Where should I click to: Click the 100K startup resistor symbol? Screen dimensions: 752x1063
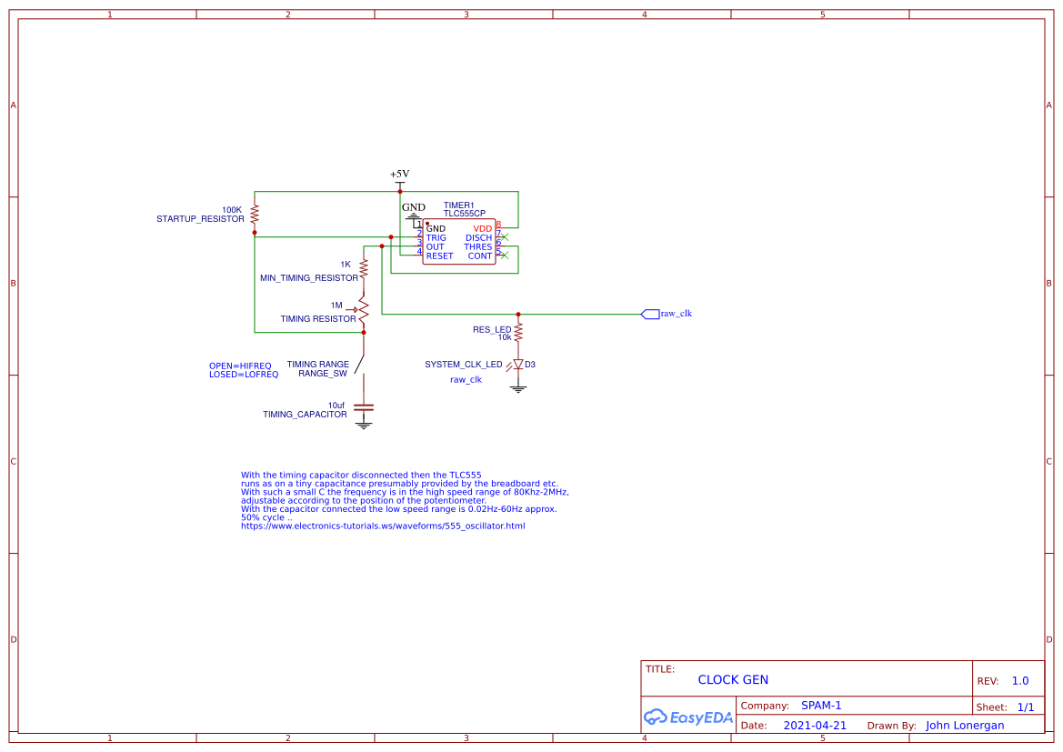pos(255,214)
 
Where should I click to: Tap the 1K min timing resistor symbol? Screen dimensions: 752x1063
pos(364,269)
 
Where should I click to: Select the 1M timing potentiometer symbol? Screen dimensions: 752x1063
pos(363,310)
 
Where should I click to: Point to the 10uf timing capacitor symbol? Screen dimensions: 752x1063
pos(364,408)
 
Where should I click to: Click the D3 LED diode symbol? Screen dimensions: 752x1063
pos(518,364)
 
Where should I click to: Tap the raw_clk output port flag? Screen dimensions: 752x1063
pos(650,314)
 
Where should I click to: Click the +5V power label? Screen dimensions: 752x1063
pos(399,174)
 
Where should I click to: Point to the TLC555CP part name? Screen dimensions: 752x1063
pos(464,213)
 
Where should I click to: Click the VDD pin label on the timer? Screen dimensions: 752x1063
pos(482,228)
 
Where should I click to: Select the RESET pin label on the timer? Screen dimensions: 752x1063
pos(439,256)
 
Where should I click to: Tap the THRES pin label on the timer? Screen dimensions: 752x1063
pos(477,247)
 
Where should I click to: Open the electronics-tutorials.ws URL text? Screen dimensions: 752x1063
pos(383,526)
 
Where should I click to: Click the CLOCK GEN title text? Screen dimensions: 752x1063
pos(733,679)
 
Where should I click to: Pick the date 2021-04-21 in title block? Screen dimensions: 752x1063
pos(815,726)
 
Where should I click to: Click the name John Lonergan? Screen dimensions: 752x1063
pos(965,726)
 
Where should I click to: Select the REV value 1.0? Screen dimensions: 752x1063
pos(1020,681)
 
